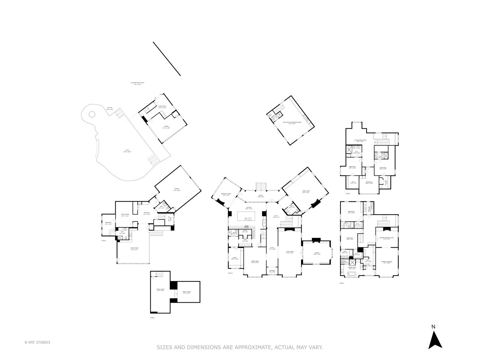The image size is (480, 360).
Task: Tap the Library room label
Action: click(317, 253)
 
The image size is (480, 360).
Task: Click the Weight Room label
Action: click(186, 292)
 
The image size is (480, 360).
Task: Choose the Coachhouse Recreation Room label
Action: click(292, 123)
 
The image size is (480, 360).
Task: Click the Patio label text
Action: click(127, 151)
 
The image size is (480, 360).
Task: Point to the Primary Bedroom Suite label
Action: click(387, 238)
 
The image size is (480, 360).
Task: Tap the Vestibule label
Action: click(272, 271)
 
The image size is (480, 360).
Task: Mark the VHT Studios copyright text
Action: click(37, 342)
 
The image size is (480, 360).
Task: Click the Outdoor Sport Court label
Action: click(137, 83)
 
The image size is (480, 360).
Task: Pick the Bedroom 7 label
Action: click(108, 223)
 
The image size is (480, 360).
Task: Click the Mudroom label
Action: click(147, 213)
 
